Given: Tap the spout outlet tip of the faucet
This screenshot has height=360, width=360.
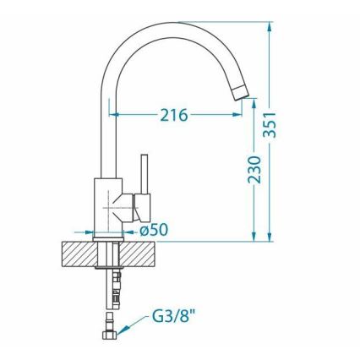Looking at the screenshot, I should [x=243, y=91].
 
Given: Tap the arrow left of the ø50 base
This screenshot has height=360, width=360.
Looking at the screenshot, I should [x=85, y=230].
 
